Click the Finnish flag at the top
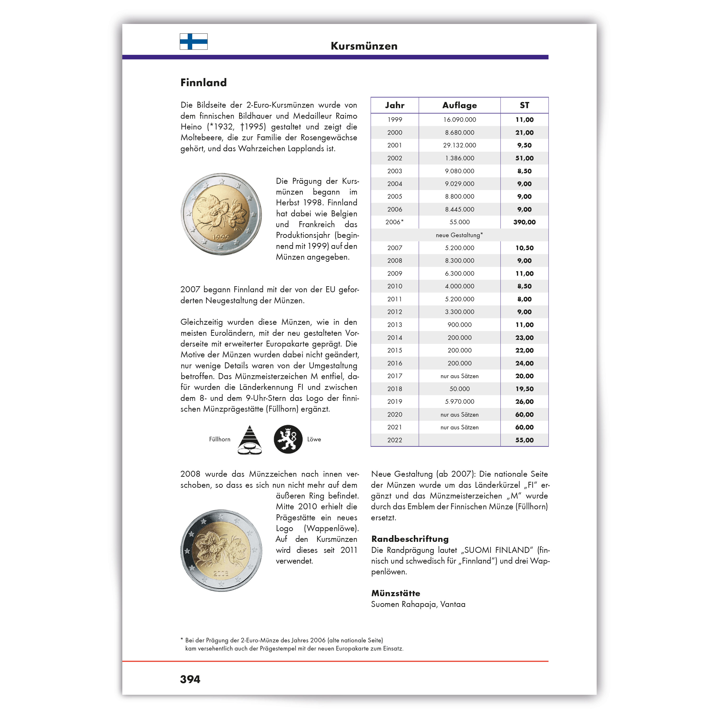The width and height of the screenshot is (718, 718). [x=193, y=42]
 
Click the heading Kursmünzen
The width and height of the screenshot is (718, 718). [x=364, y=46]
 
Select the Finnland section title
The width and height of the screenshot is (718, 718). [x=203, y=83]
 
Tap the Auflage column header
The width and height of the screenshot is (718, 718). [x=459, y=106]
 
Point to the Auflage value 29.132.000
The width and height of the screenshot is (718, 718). [x=459, y=145]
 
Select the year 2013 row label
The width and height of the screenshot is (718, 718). [x=394, y=325]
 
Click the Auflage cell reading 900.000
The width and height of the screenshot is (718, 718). [x=459, y=325]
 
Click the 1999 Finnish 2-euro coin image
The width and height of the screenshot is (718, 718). [x=221, y=214]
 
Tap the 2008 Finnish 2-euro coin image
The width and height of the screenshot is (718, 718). [x=221, y=550]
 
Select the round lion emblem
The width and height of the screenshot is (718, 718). [x=288, y=439]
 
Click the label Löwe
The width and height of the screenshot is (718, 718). [x=314, y=439]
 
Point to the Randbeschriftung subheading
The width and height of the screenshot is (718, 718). [x=409, y=539]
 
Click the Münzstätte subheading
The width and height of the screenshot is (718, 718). [x=395, y=594]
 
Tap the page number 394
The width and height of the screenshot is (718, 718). [x=190, y=679]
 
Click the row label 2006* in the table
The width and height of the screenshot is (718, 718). [x=394, y=222]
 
